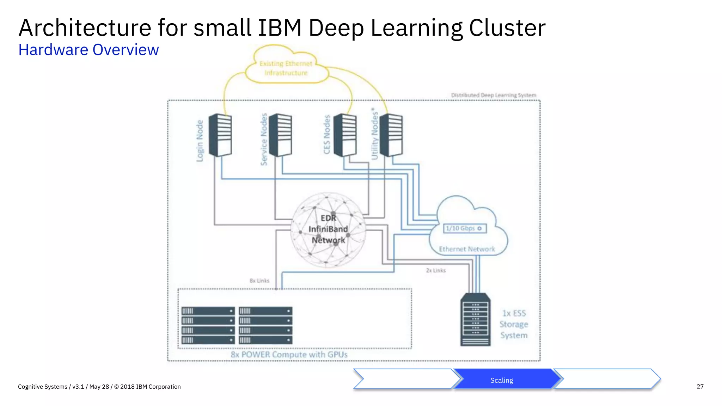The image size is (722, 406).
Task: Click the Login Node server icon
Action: (220, 135)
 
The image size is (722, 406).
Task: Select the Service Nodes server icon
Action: (281, 135)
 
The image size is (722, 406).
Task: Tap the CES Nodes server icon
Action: (345, 135)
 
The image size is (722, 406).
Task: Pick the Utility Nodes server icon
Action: (391, 135)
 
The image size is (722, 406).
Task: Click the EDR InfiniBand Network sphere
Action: (328, 229)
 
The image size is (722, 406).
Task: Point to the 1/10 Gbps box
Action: (465, 228)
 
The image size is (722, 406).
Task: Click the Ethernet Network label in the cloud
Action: (467, 249)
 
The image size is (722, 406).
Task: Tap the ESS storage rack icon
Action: (475, 320)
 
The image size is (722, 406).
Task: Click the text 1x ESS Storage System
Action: (514, 324)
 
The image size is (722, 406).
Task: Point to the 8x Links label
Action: (259, 281)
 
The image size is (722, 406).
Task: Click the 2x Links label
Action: (436, 270)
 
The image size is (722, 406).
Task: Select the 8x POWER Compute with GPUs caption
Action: (289, 355)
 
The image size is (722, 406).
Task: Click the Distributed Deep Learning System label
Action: (493, 95)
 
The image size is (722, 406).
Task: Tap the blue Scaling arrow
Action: (502, 380)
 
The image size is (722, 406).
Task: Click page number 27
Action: (700, 386)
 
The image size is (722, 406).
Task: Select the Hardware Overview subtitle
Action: (88, 50)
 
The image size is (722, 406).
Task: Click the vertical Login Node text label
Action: (200, 141)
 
